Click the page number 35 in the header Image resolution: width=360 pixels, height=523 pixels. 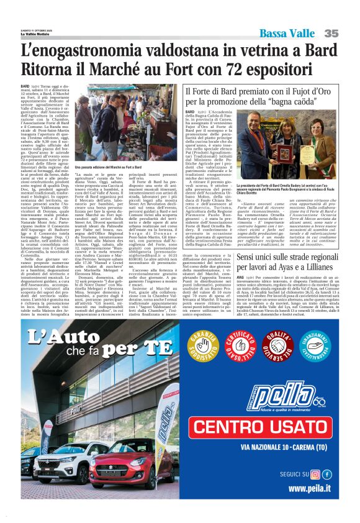(332, 33)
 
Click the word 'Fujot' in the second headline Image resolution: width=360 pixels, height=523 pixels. (304, 93)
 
